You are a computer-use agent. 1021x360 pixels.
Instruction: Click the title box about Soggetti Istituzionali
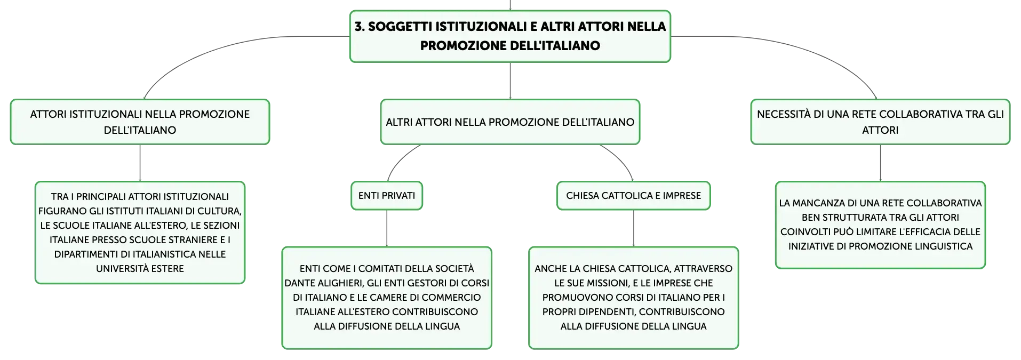510,36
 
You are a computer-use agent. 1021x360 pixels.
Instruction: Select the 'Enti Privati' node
387,196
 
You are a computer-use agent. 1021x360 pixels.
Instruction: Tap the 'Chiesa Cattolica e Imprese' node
634,196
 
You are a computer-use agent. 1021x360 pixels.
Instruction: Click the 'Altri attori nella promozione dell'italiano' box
510,122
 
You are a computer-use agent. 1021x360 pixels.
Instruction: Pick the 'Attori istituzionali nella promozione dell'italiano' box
140,122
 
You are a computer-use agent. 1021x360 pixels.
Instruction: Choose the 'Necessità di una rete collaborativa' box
880,122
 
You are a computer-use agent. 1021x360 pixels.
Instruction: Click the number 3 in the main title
359,27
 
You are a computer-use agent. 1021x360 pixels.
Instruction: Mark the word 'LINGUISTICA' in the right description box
944,246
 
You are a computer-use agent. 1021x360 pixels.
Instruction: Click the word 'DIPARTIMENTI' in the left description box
85,254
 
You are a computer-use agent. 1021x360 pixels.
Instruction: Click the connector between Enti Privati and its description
387,228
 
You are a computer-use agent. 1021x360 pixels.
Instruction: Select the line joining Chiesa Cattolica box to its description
634,228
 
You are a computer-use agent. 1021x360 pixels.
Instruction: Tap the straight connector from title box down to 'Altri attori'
510,81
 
